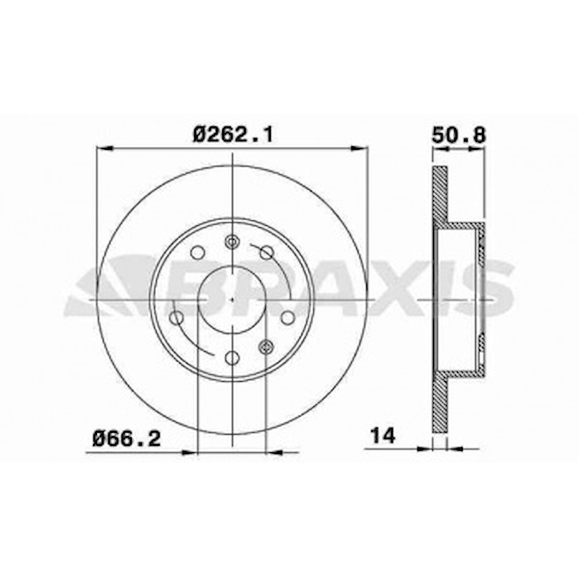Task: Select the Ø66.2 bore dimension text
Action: (x=127, y=438)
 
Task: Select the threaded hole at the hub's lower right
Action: (x=265, y=346)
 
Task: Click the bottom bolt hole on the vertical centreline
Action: (x=232, y=358)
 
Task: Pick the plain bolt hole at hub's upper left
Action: (x=198, y=252)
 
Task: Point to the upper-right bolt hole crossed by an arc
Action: (x=266, y=252)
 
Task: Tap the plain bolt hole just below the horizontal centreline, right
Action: (x=288, y=317)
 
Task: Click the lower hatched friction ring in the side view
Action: (x=440, y=407)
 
